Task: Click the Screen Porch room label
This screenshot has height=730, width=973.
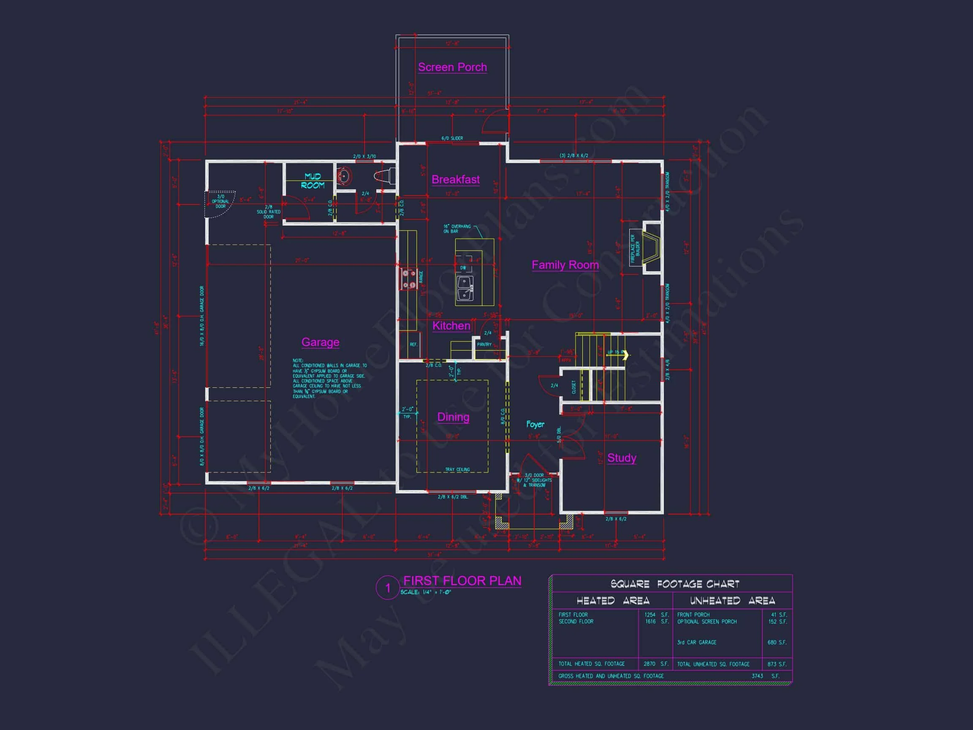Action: pos(452,67)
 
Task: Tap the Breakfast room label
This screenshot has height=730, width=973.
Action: pos(455,180)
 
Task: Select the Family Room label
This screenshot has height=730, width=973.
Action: pos(565,265)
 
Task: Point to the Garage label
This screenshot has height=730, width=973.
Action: pos(320,342)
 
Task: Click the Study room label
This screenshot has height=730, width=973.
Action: pos(622,458)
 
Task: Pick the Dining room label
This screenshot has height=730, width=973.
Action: pos(453,417)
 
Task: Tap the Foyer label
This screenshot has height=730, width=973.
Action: pos(535,425)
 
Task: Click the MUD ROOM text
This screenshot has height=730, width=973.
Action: pos(313,181)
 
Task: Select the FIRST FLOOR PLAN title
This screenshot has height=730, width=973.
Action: pos(462,581)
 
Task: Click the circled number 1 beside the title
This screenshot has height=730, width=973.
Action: pos(388,588)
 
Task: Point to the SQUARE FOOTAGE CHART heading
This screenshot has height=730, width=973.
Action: pos(675,584)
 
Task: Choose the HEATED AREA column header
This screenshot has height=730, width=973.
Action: pos(613,601)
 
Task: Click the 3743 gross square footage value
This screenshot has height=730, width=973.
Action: pos(758,676)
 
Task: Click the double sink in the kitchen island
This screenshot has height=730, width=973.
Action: pos(465,289)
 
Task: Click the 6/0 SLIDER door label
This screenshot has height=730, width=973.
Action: pos(452,139)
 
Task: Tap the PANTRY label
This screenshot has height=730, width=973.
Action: pos(484,345)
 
